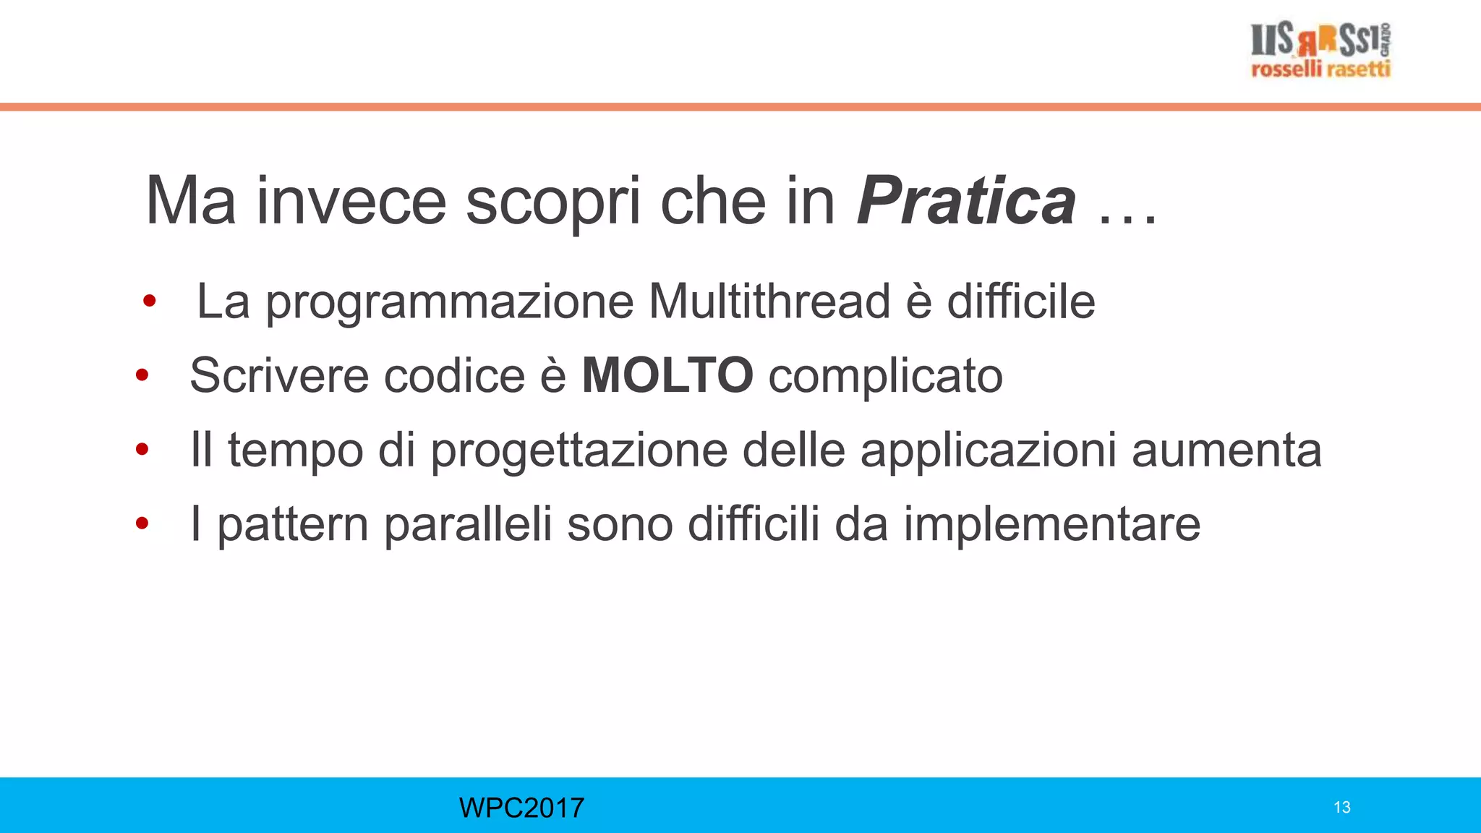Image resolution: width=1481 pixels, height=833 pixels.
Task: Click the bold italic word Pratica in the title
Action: pyautogui.click(x=966, y=202)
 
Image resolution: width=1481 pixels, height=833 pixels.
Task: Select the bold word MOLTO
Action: pyautogui.click(x=667, y=375)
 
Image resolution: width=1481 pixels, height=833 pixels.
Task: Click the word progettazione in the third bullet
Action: pyautogui.click(x=579, y=450)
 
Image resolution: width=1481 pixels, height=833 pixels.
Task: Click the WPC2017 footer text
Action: pyautogui.click(x=521, y=808)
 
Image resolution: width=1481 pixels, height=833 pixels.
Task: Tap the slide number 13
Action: pyautogui.click(x=1342, y=808)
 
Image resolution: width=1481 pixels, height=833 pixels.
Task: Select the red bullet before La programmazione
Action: pyautogui.click(x=150, y=301)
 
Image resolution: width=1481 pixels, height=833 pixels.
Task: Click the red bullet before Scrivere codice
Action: pyautogui.click(x=142, y=375)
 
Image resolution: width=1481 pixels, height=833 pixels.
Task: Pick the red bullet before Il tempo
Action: pyautogui.click(x=142, y=450)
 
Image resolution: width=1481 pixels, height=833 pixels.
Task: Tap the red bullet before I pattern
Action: pyautogui.click(x=142, y=524)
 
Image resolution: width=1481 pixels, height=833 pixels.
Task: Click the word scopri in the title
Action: pyautogui.click(x=553, y=202)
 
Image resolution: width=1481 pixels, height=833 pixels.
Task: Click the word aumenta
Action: pyautogui.click(x=1226, y=450)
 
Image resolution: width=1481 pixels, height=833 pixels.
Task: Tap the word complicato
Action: pyautogui.click(x=885, y=377)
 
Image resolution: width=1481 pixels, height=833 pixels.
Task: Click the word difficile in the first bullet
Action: pyautogui.click(x=1021, y=302)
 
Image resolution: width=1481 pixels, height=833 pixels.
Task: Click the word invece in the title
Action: pyautogui.click(x=351, y=202)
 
